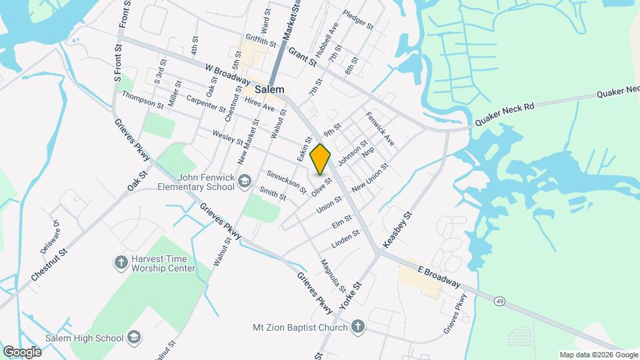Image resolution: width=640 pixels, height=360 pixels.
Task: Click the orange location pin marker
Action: pos(321,159)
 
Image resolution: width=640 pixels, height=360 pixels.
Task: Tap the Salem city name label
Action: pos(269,89)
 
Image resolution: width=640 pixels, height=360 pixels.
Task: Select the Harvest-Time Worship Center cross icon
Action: pos(121,263)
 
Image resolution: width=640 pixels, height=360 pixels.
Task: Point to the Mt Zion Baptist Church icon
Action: pos(358,327)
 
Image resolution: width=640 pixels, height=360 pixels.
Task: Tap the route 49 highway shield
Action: pos(499,301)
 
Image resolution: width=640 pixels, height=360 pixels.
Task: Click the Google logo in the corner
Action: pos(22,351)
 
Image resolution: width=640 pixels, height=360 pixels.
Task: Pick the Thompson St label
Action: pos(143,100)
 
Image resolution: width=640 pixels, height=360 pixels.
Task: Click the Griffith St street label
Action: pos(261,40)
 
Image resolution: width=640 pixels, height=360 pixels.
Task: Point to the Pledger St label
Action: pos(359,18)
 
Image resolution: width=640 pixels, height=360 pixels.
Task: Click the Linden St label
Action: pos(345,238)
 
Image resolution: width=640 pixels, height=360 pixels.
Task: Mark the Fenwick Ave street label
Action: pos(380,129)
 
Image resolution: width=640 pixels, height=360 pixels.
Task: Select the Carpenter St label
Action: pos(207,103)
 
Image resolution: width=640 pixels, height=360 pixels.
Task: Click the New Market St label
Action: pos(249,141)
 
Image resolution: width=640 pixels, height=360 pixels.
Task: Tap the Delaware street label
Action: pos(51,237)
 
